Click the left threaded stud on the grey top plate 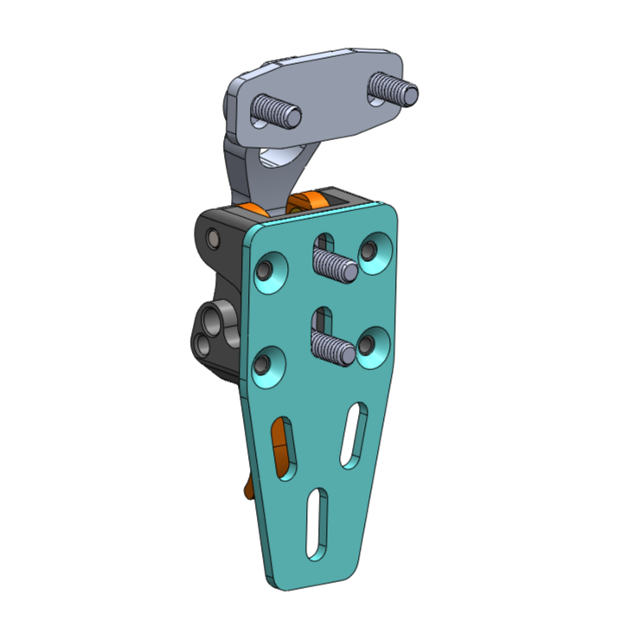tap(277, 112)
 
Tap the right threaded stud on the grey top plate tap(393, 89)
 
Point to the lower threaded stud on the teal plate tap(333, 348)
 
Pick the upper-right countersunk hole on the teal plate tap(374, 252)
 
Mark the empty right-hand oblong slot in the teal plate tap(353, 435)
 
